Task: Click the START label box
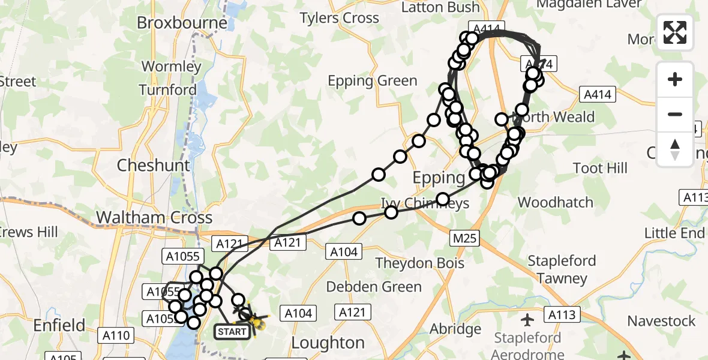click(x=232, y=331)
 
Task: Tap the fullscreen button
click(x=675, y=32)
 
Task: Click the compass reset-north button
click(x=675, y=149)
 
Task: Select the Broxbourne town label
click(x=182, y=23)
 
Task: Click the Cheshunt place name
click(x=154, y=165)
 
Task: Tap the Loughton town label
click(x=328, y=343)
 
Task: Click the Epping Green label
click(x=373, y=81)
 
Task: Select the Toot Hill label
click(x=601, y=168)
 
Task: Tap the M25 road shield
click(x=465, y=239)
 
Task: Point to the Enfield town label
click(x=59, y=326)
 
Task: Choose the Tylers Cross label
click(x=340, y=18)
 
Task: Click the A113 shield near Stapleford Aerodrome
click(x=561, y=314)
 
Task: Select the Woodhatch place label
click(x=555, y=202)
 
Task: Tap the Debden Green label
click(x=364, y=287)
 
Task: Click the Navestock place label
click(x=662, y=321)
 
